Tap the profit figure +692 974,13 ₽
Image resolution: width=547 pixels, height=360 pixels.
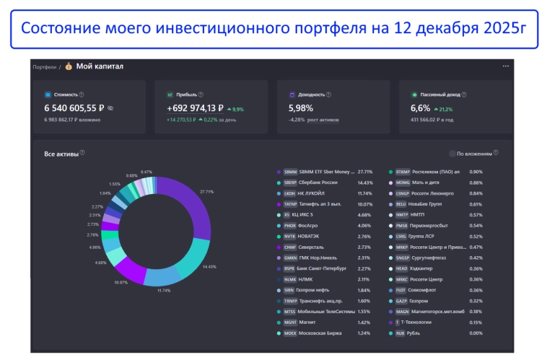click(195, 107)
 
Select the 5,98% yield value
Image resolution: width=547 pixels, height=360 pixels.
click(302, 107)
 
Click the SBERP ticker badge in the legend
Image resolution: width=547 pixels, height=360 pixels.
click(290, 183)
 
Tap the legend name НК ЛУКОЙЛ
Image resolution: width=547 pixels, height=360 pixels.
click(314, 194)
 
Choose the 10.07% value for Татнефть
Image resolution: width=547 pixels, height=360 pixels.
click(365, 204)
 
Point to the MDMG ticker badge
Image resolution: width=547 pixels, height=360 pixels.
click(402, 183)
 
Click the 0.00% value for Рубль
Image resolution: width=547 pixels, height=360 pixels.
click(476, 333)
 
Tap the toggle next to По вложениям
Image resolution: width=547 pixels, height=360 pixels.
click(452, 154)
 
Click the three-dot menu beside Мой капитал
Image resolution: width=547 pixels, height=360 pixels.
click(505, 66)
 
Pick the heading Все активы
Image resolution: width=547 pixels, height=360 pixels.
click(61, 153)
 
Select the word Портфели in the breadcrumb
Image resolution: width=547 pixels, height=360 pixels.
click(44, 67)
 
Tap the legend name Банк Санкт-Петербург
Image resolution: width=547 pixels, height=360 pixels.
click(323, 268)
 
